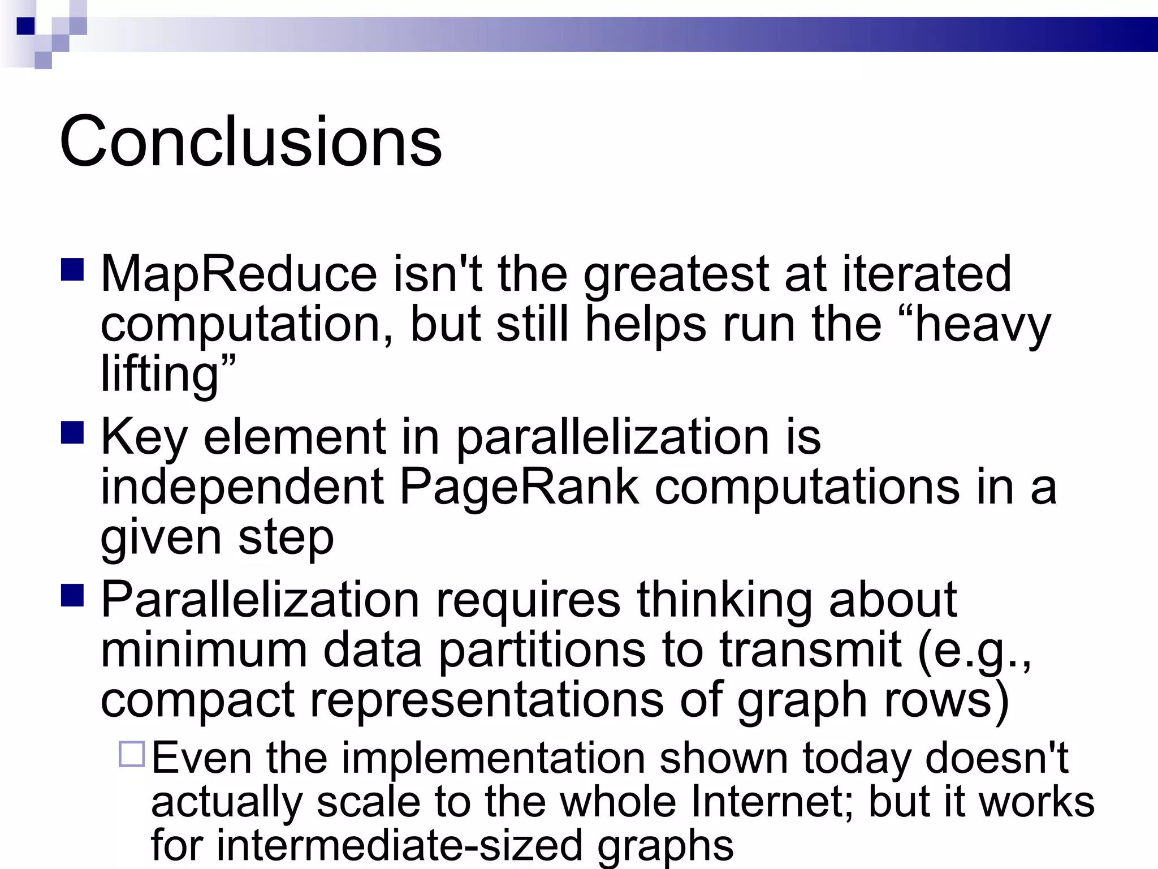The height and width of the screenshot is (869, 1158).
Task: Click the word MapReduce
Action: tap(238, 274)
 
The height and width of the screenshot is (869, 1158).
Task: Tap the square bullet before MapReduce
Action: tap(72, 270)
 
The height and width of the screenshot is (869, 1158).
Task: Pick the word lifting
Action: tap(159, 375)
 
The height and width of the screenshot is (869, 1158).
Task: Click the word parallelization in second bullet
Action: tap(612, 437)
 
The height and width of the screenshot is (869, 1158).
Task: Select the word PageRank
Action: tap(519, 487)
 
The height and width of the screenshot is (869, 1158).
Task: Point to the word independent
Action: tap(243, 487)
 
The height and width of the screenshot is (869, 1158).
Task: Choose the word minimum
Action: tap(204, 649)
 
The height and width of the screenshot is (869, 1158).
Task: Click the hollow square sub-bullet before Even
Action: tap(132, 754)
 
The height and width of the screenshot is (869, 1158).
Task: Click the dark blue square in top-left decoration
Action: tap(25, 26)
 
